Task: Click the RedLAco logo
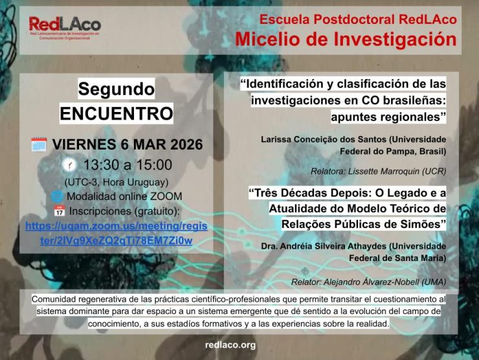(x=65, y=27)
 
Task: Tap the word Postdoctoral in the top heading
(x=354, y=19)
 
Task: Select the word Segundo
(x=116, y=89)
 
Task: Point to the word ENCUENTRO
(x=117, y=113)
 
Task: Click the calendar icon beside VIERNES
(x=39, y=144)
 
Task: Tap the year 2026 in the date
(x=186, y=144)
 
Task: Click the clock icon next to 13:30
(x=70, y=165)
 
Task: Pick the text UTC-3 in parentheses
(x=80, y=182)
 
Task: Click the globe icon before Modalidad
(x=57, y=196)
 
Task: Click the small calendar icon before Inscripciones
(x=60, y=211)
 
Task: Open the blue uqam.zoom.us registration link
(x=117, y=233)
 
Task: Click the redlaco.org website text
(x=230, y=345)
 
